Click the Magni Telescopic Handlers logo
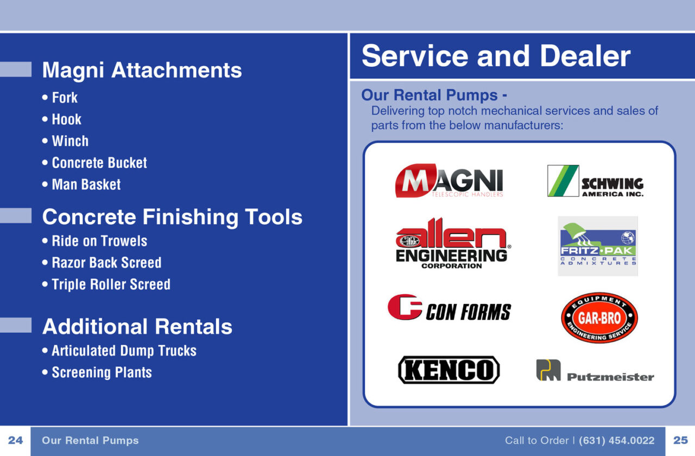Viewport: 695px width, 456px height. [449, 181]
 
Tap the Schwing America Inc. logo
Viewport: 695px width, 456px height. [595, 181]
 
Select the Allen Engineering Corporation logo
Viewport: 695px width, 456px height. [452, 243]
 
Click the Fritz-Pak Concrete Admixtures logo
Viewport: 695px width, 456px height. [598, 246]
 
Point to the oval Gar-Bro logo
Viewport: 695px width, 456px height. [599, 318]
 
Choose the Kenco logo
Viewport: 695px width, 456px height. [449, 370]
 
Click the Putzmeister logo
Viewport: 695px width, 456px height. [595, 371]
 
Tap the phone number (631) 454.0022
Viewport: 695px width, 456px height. [617, 441]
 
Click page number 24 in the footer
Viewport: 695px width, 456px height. [15, 441]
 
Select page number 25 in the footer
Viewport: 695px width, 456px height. [680, 441]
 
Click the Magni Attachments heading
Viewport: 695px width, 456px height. [142, 70]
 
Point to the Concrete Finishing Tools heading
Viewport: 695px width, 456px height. [172, 217]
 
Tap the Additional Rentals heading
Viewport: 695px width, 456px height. [137, 327]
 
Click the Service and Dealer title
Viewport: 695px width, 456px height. [496, 56]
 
